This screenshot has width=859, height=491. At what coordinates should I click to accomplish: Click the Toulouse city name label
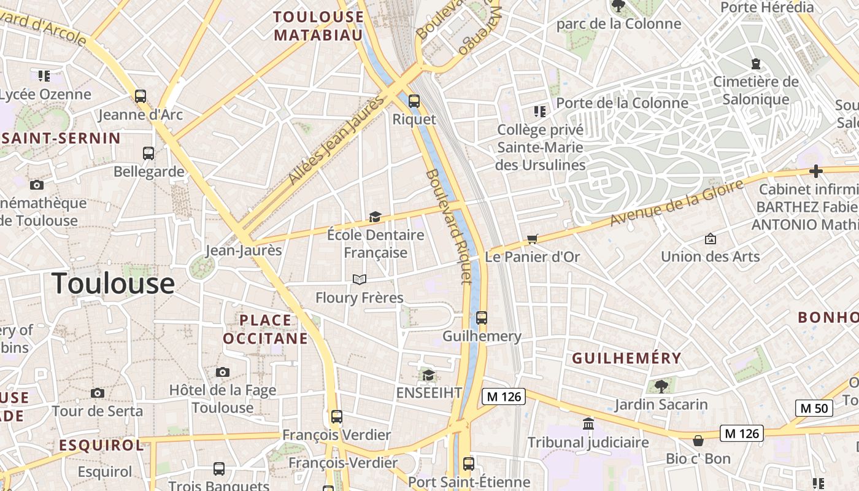click(113, 284)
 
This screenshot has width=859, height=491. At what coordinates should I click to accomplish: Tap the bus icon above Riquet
click(414, 101)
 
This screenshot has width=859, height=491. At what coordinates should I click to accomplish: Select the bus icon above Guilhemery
click(482, 318)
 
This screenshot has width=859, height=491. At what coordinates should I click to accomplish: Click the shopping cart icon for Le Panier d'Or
click(532, 239)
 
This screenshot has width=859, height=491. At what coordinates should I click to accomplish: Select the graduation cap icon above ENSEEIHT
click(428, 375)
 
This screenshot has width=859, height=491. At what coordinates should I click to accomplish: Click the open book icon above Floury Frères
click(360, 280)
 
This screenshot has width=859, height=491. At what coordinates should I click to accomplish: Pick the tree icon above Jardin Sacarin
click(661, 386)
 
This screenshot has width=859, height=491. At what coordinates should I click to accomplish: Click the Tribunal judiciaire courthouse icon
click(588, 424)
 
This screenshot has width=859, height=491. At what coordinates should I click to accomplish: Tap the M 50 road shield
click(814, 408)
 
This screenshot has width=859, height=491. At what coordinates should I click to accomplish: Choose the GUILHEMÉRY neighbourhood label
click(626, 358)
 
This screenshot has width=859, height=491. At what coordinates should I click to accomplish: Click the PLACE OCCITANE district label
click(265, 329)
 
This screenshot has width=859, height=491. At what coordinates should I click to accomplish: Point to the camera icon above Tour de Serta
click(97, 393)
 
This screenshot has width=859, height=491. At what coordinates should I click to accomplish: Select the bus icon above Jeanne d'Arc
click(141, 96)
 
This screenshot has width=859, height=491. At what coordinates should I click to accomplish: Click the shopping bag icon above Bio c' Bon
click(698, 441)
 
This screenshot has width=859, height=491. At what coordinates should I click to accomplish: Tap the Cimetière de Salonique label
click(755, 90)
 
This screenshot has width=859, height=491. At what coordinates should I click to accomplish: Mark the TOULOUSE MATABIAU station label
click(318, 26)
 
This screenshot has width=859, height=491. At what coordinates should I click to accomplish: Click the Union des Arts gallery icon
click(711, 238)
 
